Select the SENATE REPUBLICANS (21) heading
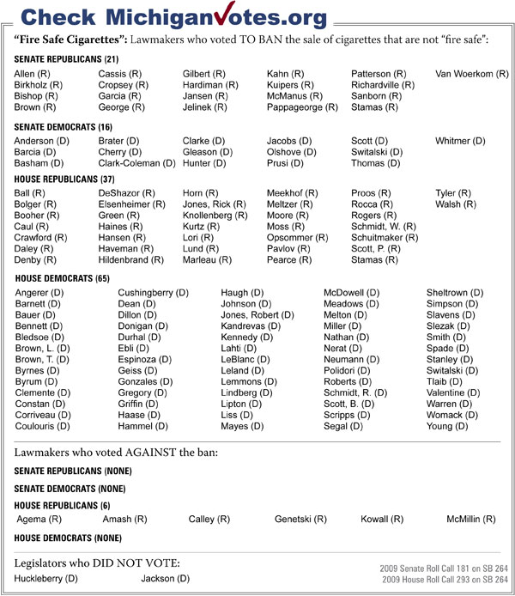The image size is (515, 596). (66, 59)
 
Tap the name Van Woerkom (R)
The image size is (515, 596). (472, 75)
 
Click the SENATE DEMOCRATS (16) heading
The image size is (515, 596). (63, 125)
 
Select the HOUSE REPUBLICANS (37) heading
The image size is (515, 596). (63, 179)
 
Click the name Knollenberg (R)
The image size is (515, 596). (215, 216)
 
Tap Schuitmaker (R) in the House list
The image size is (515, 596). (385, 238)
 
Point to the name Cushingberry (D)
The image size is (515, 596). (153, 294)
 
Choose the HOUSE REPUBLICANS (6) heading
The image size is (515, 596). (62, 505)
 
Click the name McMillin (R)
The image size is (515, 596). (470, 520)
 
